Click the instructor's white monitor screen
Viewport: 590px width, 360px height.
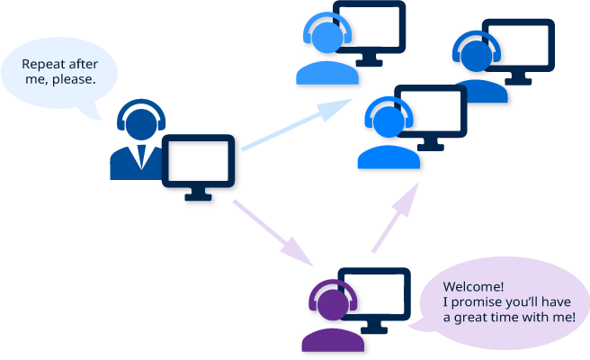201,162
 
